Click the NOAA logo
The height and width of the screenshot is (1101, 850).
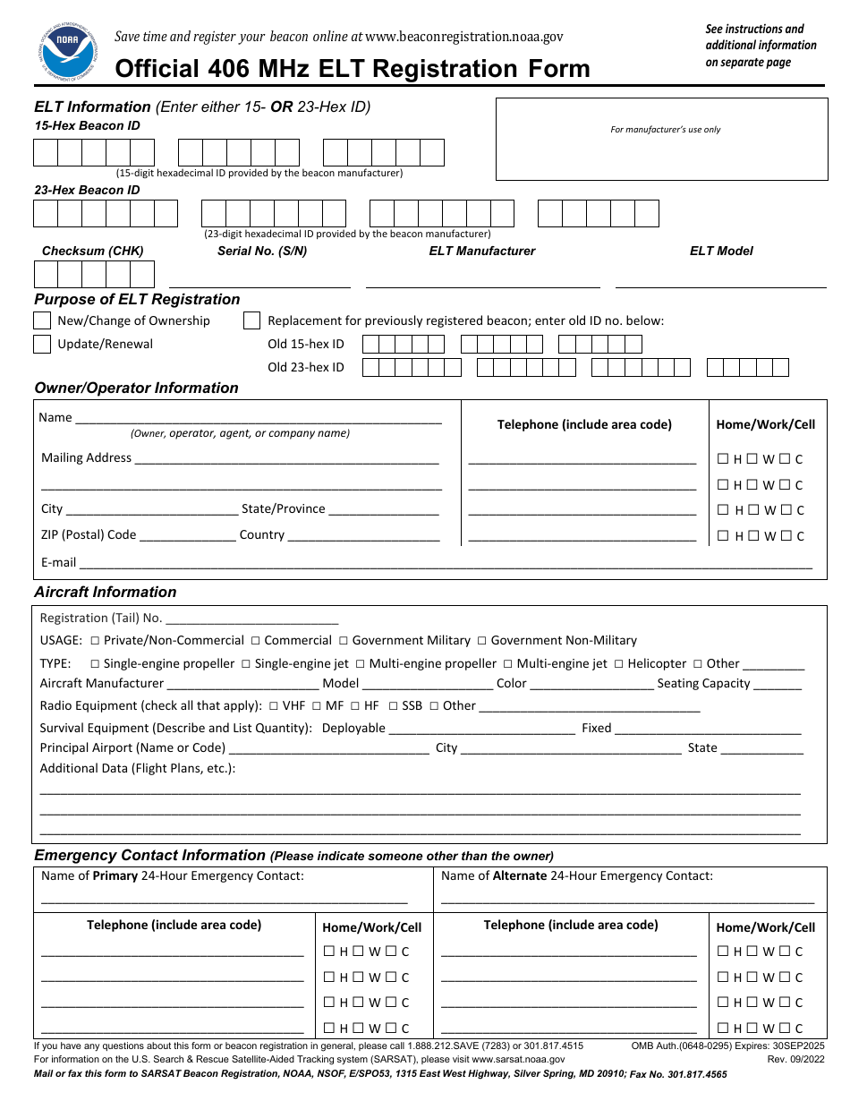(67, 52)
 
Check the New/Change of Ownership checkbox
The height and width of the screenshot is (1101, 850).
(42, 320)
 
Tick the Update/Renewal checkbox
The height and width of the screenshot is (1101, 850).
(42, 345)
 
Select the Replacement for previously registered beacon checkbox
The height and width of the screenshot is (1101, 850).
(251, 320)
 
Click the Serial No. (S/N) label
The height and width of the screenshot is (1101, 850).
(262, 252)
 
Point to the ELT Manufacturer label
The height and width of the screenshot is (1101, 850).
(482, 252)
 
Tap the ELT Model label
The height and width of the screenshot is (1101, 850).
(721, 252)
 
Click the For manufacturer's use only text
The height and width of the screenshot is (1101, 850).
(666, 130)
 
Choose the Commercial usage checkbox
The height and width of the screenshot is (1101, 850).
(256, 641)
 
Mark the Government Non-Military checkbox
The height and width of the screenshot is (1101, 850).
(482, 641)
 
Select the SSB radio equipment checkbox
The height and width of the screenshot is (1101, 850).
(394, 706)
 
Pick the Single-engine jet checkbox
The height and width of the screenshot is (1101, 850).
(246, 664)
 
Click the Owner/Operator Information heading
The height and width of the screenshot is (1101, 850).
(136, 388)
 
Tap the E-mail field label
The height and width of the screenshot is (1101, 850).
(59, 563)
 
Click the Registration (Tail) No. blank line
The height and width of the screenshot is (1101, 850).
(252, 619)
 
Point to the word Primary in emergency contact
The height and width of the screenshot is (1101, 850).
(115, 876)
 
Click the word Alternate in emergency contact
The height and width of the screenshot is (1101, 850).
(519, 876)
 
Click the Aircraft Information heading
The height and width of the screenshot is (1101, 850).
(106, 593)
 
